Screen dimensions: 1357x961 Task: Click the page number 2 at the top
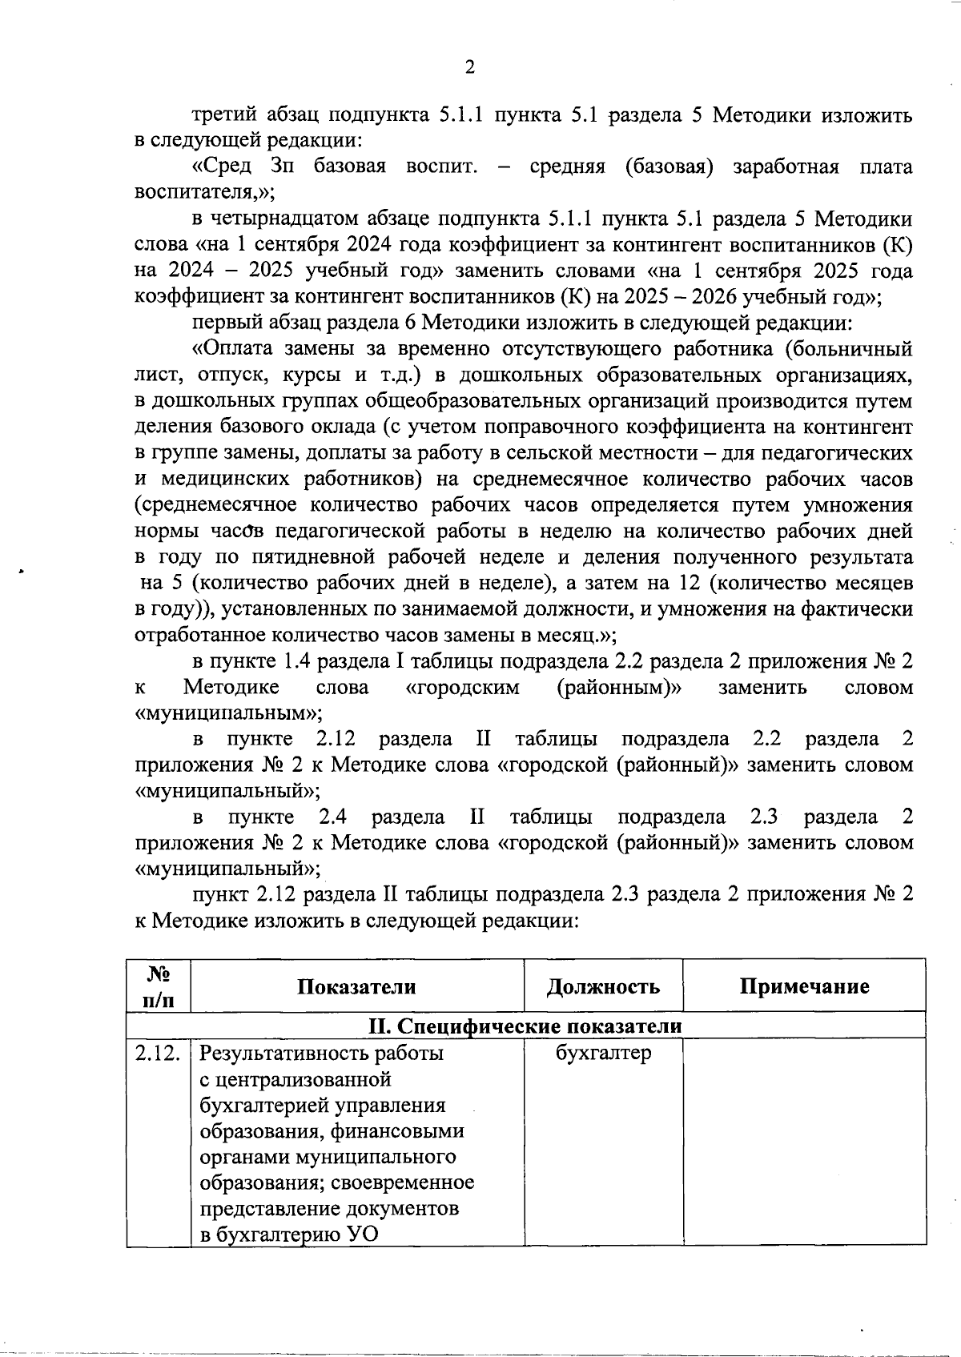tap(470, 68)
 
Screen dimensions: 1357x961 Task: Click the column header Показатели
tap(356, 986)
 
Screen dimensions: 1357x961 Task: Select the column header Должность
tap(603, 986)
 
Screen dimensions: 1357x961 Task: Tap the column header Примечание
tap(804, 986)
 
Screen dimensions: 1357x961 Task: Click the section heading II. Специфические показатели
tap(525, 1026)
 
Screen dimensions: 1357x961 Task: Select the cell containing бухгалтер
tap(603, 1054)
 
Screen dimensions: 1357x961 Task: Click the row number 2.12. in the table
tap(158, 1054)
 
